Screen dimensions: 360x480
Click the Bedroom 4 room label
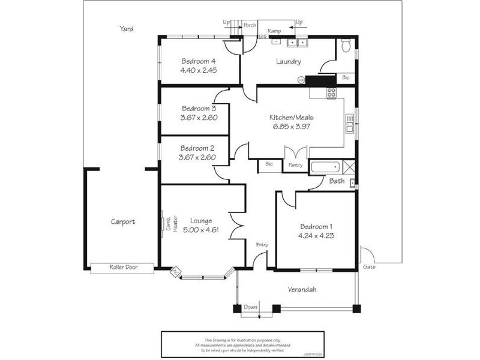click(x=198, y=61)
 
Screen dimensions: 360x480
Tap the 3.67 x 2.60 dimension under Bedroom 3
click(x=198, y=118)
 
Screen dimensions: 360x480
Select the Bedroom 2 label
click(x=197, y=148)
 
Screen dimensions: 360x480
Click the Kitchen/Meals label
click(x=290, y=118)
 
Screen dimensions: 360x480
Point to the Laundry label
click(x=288, y=62)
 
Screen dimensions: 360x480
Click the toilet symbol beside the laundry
click(x=346, y=46)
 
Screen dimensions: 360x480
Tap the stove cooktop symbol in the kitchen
click(x=331, y=93)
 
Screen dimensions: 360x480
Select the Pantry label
click(x=295, y=164)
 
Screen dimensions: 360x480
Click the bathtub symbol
click(x=325, y=167)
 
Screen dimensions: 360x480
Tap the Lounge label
click(x=200, y=220)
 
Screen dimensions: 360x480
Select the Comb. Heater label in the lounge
click(x=171, y=224)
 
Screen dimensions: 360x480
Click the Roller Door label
click(x=123, y=268)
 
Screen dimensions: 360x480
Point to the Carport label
click(x=123, y=221)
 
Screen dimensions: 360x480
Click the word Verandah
click(x=302, y=289)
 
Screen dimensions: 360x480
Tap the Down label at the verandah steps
click(x=251, y=307)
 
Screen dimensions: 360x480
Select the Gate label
click(x=369, y=266)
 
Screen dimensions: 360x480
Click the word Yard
click(x=126, y=28)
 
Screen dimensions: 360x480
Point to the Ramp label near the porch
click(x=274, y=31)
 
